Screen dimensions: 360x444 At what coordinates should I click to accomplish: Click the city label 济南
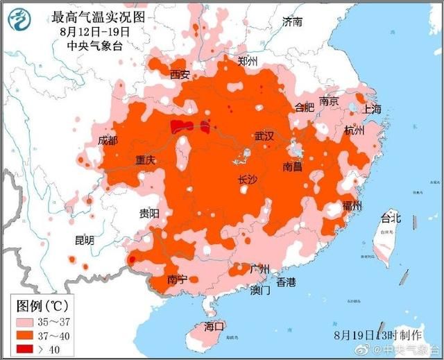pyautogui.click(x=292, y=22)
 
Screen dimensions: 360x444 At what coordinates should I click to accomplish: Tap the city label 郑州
pyautogui.click(x=248, y=62)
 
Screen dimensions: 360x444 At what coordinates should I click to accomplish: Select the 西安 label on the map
pyautogui.click(x=180, y=75)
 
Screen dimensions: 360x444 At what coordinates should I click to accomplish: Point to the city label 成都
pyautogui.click(x=108, y=140)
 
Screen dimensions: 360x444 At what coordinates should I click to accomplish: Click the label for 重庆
pyautogui.click(x=146, y=160)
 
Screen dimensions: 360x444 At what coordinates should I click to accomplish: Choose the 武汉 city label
pyautogui.click(x=264, y=136)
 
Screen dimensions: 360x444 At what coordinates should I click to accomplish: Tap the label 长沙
pyautogui.click(x=247, y=180)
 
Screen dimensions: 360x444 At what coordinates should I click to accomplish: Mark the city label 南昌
pyautogui.click(x=292, y=167)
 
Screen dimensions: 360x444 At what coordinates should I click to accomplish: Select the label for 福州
pyautogui.click(x=352, y=206)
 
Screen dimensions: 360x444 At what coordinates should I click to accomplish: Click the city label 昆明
pyautogui.click(x=84, y=240)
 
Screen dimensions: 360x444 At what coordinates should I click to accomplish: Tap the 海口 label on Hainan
pyautogui.click(x=214, y=326)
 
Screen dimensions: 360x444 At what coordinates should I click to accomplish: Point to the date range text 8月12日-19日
pyautogui.click(x=94, y=31)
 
